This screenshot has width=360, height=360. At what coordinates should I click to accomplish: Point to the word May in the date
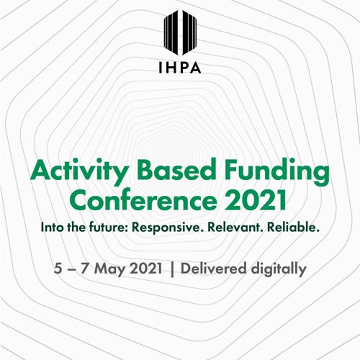click(x=112, y=269)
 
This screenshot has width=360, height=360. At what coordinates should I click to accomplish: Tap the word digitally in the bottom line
click(x=278, y=269)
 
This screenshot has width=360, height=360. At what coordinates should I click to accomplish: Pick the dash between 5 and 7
click(x=73, y=269)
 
